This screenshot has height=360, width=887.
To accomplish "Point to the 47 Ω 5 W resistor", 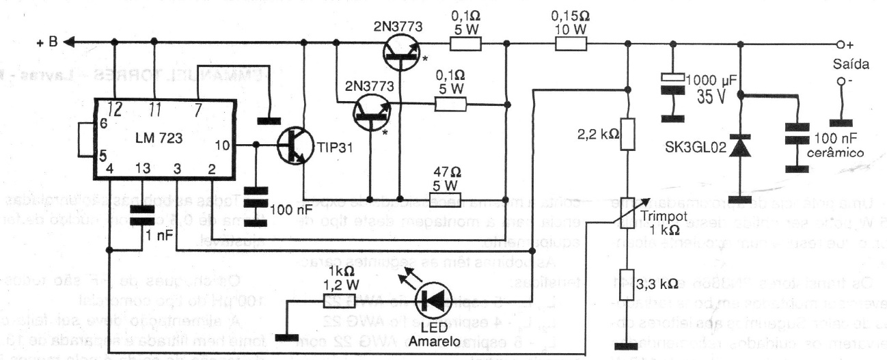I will pyautogui.click(x=448, y=199).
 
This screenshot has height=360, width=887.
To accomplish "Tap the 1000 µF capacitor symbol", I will pyautogui.click(x=673, y=81).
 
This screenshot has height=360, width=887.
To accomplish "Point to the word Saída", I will pyautogui.click(x=850, y=66).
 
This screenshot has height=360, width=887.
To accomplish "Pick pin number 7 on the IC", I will pyautogui.click(x=197, y=109).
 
